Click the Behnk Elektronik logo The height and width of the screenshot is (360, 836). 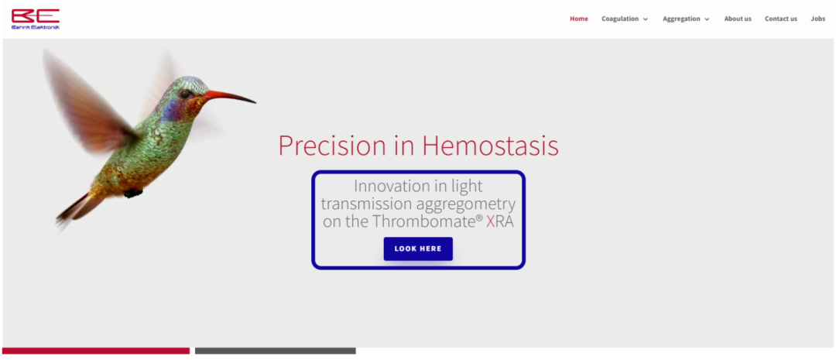[x=35, y=19]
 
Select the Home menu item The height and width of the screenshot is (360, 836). [x=578, y=19]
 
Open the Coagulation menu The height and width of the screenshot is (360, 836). [x=620, y=19]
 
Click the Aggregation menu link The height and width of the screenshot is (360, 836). [x=681, y=19]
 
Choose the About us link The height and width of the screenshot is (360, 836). [x=738, y=19]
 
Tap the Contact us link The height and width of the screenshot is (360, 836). [x=780, y=19]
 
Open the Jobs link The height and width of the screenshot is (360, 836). [x=818, y=19]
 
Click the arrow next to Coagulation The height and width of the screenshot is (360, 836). [x=645, y=19]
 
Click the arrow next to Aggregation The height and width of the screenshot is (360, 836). [x=707, y=19]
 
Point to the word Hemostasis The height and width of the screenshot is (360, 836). [x=491, y=146]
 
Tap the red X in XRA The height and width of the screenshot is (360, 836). [x=491, y=221]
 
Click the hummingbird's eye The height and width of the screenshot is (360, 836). [x=184, y=94]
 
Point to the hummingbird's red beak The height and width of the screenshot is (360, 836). [x=229, y=97]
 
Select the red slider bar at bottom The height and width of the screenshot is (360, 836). [x=96, y=351]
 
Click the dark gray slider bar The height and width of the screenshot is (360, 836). [x=275, y=351]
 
